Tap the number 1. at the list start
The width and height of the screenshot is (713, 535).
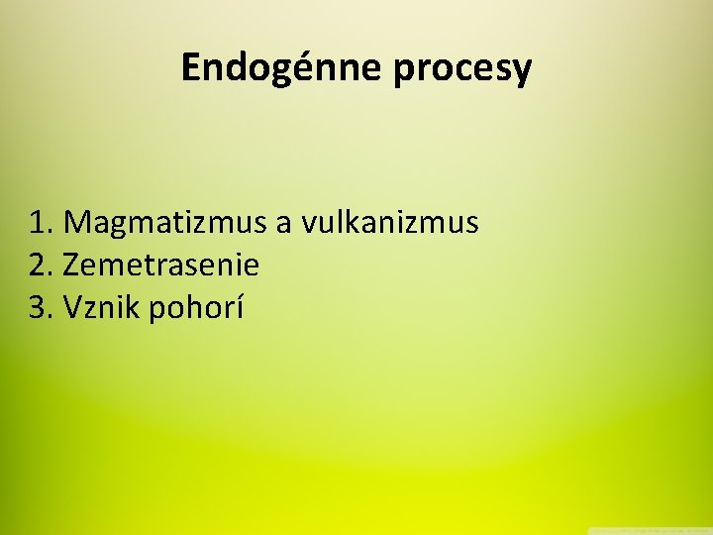[42, 222]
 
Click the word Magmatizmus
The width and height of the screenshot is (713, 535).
[164, 223]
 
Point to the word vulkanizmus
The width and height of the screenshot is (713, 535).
[390, 222]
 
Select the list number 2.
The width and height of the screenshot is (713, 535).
[42, 266]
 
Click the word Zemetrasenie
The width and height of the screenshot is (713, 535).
[160, 266]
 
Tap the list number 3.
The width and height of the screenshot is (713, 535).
[42, 308]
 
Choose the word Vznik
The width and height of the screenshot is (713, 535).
[102, 308]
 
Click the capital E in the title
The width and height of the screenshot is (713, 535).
[191, 67]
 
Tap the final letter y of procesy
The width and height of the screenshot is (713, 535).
[522, 72]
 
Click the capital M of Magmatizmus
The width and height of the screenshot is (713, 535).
[76, 222]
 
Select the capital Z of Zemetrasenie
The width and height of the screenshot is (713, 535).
[71, 266]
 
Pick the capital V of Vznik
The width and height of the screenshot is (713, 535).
[72, 308]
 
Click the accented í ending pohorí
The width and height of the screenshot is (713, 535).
[239, 308]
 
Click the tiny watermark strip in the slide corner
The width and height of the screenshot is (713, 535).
[649, 530]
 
